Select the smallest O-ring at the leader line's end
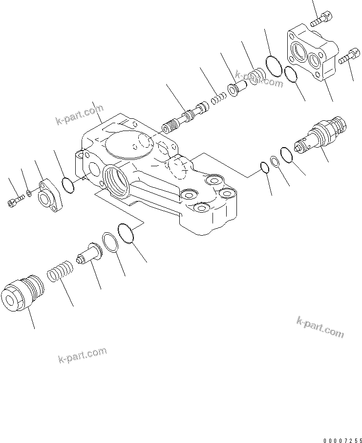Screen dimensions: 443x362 264,168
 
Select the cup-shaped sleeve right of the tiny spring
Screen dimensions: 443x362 234,91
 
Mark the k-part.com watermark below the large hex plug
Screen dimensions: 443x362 82,356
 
